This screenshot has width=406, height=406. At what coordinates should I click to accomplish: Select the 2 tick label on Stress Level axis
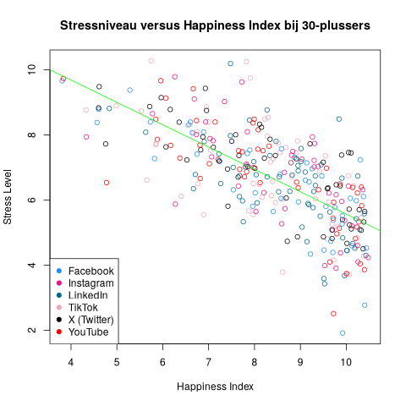click(30, 331)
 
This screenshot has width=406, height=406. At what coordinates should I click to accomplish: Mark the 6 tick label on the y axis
click(30, 200)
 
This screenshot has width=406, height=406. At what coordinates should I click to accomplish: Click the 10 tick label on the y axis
click(30, 69)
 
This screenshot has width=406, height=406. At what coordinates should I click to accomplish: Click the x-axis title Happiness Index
click(215, 387)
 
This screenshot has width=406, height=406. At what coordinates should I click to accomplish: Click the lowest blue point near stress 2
click(343, 333)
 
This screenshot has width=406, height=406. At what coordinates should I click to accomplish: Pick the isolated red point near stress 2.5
click(333, 314)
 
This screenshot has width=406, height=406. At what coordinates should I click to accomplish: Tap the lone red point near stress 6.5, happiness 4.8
click(107, 183)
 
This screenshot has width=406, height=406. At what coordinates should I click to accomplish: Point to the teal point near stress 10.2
click(230, 63)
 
